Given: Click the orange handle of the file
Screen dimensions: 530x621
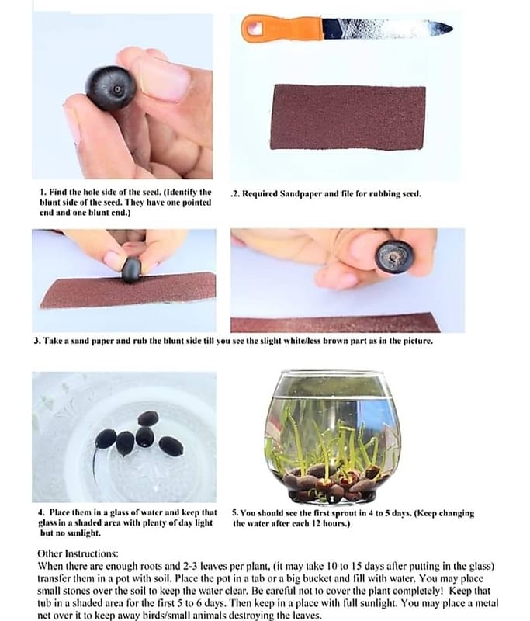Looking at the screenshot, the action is coord(282,28).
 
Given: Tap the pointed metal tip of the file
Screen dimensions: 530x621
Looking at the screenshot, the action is coord(450,28).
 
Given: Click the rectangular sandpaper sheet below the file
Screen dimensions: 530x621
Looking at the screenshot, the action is coord(348,117).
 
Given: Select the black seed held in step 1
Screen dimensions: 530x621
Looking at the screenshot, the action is coord(111,88).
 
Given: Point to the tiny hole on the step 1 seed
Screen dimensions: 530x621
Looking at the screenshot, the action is coord(117,89).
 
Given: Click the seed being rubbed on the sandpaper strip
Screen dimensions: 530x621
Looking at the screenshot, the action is coord(132,270).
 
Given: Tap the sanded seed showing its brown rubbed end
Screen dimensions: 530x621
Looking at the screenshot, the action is coord(394,256).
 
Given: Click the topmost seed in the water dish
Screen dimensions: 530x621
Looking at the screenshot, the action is coord(148,418).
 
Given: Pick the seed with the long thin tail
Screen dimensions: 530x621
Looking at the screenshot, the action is coord(105,439).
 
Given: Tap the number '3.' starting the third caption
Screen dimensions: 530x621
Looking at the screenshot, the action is coord(37,341).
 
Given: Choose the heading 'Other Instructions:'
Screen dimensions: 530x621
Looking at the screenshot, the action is coord(78,553).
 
